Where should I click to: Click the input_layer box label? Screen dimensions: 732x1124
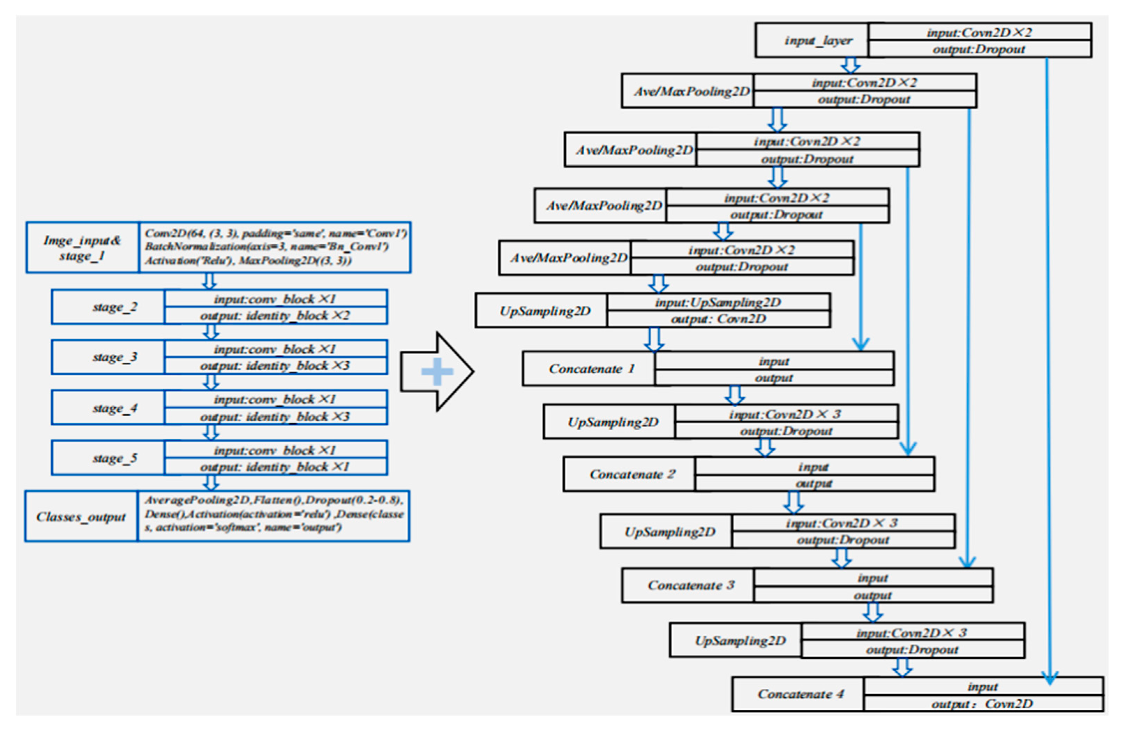pyautogui.click(x=818, y=40)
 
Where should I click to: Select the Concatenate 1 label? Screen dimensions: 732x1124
pyautogui.click(x=591, y=369)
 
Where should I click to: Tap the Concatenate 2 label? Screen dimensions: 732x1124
pyautogui.click(x=632, y=474)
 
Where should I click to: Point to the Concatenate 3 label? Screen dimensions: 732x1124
pyautogui.click(x=690, y=585)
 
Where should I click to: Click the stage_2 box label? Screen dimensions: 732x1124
pyautogui.click(x=115, y=307)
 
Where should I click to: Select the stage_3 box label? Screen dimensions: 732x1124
pyautogui.click(x=115, y=357)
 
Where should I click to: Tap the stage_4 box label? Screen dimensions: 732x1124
pyautogui.click(x=115, y=408)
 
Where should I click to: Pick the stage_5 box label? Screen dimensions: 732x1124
pyautogui.click(x=115, y=458)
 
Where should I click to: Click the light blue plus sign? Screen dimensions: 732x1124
pyautogui.click(x=437, y=372)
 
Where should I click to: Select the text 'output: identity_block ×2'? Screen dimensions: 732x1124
pyautogui.click(x=275, y=316)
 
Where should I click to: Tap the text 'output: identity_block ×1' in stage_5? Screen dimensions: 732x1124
pyautogui.click(x=275, y=467)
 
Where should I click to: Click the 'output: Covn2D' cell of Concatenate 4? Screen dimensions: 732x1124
pyautogui.click(x=982, y=704)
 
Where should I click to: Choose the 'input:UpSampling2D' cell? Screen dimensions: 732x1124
pyautogui.click(x=718, y=302)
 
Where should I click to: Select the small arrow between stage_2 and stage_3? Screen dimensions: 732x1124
pyautogui.click(x=211, y=332)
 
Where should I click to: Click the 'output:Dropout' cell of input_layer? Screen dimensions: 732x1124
pyautogui.click(x=979, y=49)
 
